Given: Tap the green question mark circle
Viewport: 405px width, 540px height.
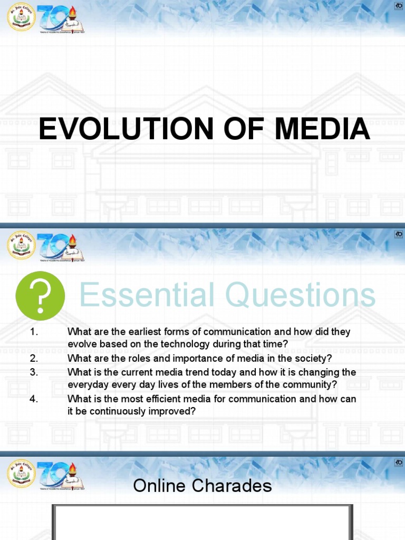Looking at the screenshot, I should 41,296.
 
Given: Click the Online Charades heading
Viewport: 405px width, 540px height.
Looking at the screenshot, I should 202,486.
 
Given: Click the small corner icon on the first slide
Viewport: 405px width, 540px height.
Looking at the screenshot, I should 399,6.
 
